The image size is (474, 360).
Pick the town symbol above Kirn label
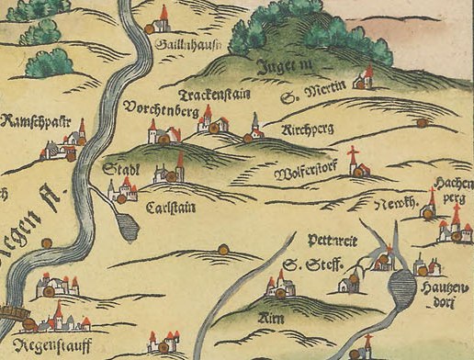(x=277, y=288)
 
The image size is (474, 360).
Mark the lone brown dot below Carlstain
(x=222, y=248)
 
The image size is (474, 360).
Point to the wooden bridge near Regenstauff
(x=11, y=314)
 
